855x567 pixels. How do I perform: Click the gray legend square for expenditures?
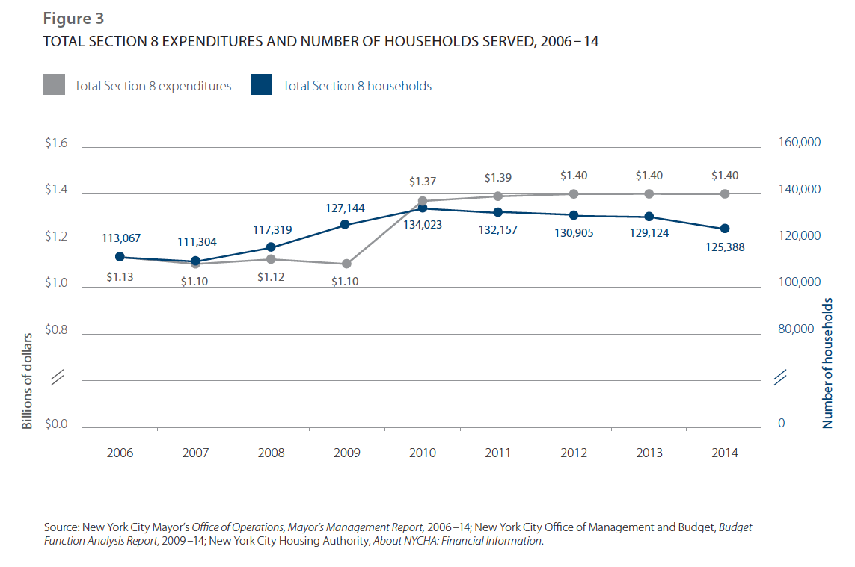coord(55,85)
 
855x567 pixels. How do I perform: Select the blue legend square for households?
coord(261,85)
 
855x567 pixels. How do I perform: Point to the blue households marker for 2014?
coord(724,229)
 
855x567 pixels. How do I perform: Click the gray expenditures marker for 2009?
coord(346,264)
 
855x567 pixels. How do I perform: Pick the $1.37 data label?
coord(423,182)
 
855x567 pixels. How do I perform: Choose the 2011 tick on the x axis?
coord(497,453)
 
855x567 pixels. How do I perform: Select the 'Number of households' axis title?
coord(828,363)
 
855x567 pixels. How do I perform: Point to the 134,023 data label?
coord(423,223)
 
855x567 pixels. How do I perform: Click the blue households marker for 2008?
coord(271,247)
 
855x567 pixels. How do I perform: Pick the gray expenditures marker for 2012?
coord(574,193)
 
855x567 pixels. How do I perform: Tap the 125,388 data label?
coord(724,246)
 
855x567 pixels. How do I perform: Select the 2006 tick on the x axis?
coord(120,453)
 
